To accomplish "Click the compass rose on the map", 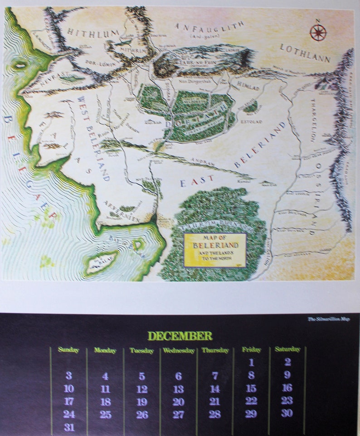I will click(x=318, y=32).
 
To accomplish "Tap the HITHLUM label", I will click(x=93, y=32).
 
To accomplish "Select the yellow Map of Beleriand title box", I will click(x=215, y=250).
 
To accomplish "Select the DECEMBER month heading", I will click(x=180, y=336).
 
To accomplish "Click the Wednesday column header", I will click(x=179, y=350).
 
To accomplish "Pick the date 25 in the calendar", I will click(x=105, y=414).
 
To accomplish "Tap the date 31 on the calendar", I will click(x=68, y=427).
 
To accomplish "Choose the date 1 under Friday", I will click(x=251, y=363).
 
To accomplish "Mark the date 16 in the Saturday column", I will click(x=287, y=388).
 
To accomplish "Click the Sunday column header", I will click(x=68, y=350).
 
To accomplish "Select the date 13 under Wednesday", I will click(x=179, y=389).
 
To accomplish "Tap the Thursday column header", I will click(x=215, y=350).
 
